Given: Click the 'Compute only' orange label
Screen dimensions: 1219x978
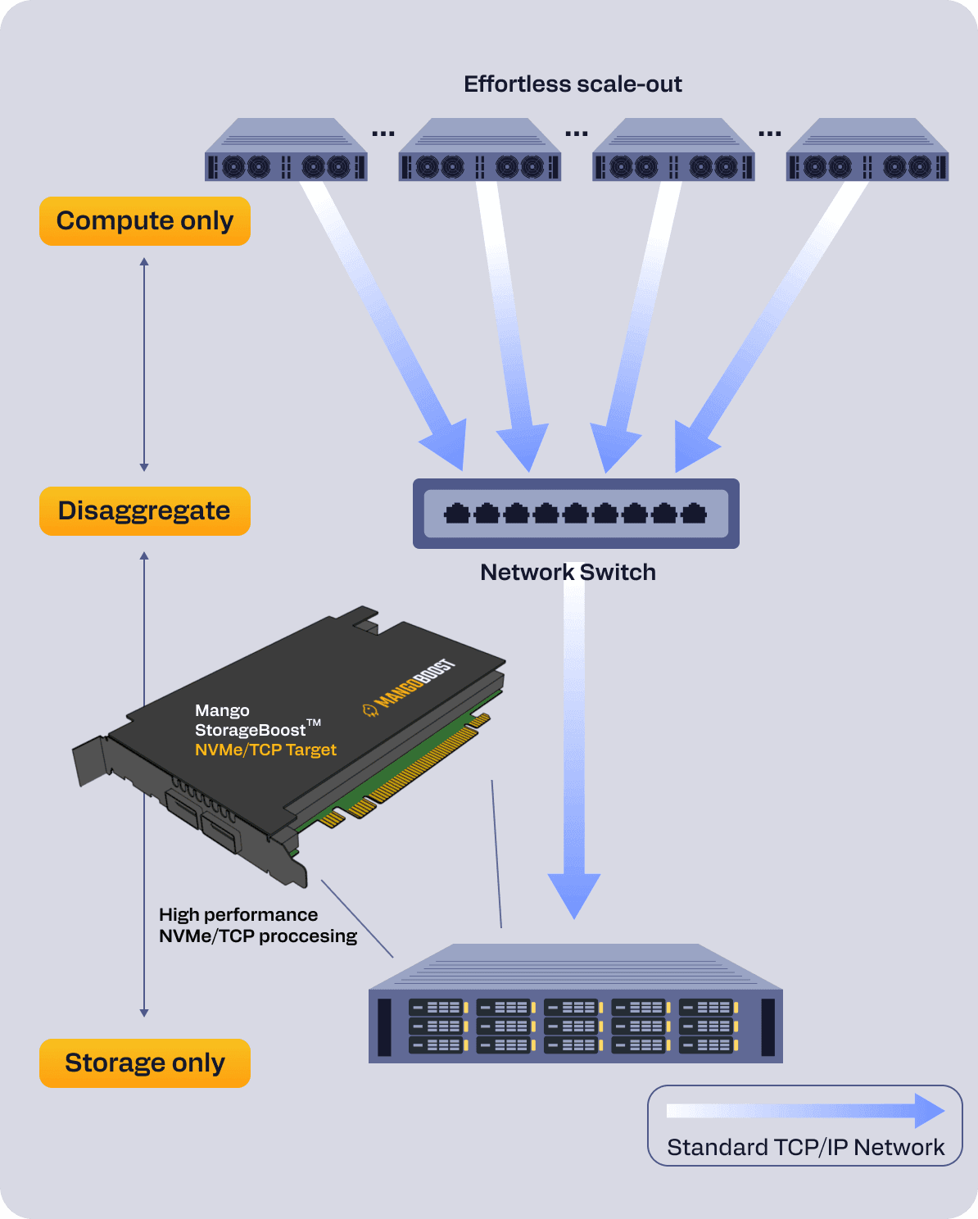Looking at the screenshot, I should point(145,221).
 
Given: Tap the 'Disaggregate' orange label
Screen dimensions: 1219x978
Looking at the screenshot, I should point(145,511).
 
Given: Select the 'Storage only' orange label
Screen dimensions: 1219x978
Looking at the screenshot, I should point(145,1063).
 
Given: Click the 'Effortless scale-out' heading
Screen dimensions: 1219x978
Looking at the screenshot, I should point(573,84).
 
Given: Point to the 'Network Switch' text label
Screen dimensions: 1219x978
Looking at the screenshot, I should point(568,572).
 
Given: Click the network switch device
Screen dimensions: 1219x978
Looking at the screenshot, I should point(576,514).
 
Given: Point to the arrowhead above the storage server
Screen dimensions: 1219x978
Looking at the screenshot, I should point(574,893).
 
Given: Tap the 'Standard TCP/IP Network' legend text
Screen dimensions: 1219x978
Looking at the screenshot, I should point(805,1147).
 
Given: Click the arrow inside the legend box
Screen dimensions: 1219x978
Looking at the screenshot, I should point(805,1111).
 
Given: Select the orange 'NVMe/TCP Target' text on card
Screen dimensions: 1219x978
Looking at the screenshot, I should point(265,750).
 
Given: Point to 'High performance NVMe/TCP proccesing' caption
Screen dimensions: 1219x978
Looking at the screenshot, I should point(257,925).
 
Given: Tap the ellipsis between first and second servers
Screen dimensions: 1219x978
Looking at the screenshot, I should point(383,133).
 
